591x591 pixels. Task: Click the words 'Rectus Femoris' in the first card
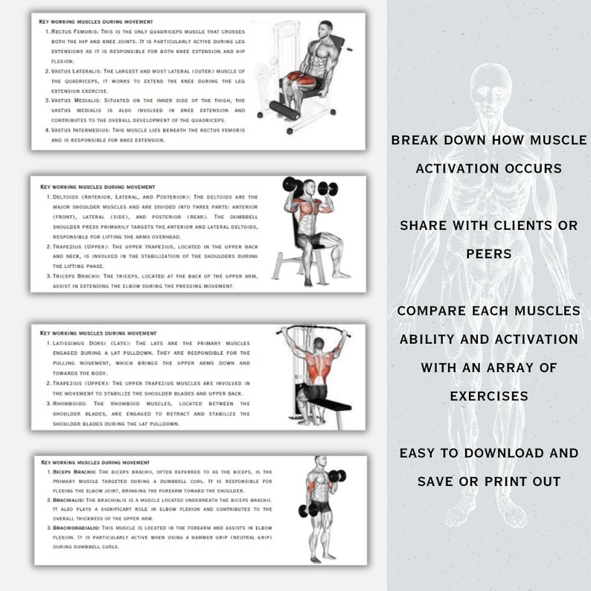(74, 33)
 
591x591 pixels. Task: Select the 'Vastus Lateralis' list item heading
(77, 71)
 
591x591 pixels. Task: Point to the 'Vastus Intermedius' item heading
(81, 129)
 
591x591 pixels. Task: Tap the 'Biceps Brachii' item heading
(73, 472)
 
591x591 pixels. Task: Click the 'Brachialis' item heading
(67, 500)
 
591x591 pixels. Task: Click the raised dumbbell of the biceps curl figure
(337, 475)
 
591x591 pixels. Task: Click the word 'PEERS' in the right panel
(488, 254)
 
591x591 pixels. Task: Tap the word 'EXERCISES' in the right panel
(488, 395)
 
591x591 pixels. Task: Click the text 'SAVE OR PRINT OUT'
(488, 482)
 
